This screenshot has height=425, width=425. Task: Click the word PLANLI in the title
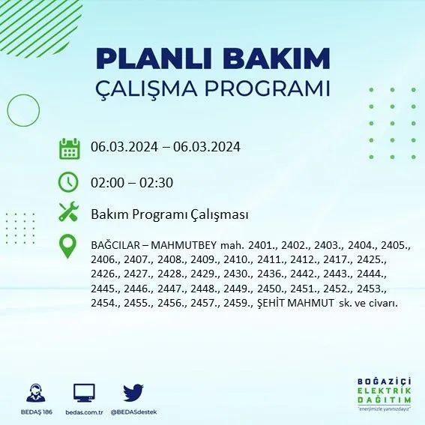click(x=154, y=58)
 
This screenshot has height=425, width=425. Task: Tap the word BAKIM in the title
click(x=276, y=58)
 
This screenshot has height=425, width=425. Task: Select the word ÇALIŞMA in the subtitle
click(x=146, y=88)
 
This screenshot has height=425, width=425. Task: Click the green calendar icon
click(x=70, y=148)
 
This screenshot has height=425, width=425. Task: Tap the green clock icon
click(x=68, y=182)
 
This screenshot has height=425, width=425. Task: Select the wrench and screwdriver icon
click(x=69, y=211)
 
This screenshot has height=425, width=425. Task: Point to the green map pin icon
click(x=67, y=246)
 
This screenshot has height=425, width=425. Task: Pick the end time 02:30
click(x=157, y=183)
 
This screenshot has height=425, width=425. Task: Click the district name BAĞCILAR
click(x=115, y=245)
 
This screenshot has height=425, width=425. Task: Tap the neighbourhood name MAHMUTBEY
click(x=184, y=245)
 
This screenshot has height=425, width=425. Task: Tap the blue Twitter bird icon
click(x=133, y=393)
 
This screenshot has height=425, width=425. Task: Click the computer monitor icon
click(x=84, y=393)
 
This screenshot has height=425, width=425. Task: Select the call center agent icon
click(x=36, y=393)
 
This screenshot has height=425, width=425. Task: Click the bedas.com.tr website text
click(x=84, y=412)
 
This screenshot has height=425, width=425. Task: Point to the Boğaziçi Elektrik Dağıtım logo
click(x=384, y=394)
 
